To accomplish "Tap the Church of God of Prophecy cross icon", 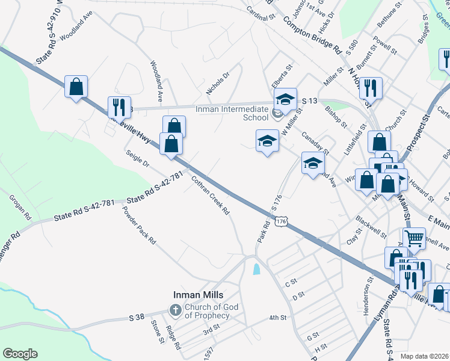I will coord(175,311).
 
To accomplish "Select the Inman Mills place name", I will coord(199,295).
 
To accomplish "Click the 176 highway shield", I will coord(280,222).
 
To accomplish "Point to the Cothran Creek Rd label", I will coord(211,196).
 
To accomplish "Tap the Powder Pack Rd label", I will coord(139,225).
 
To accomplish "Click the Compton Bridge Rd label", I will coord(312,36).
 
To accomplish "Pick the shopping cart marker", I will coord(414,238).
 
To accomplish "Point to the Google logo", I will coord(20,354).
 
